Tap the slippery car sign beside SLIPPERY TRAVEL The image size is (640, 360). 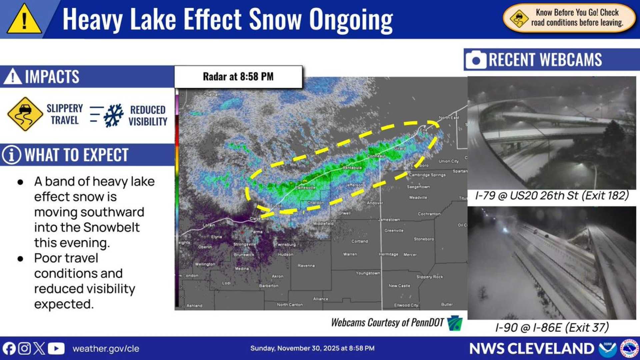[x=25, y=114]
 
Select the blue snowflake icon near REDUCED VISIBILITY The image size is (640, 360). [x=113, y=115]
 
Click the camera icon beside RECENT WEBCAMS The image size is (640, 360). [x=476, y=60]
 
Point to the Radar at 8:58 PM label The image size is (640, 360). [x=238, y=77]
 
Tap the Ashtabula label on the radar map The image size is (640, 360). [x=352, y=168]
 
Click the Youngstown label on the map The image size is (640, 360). [x=368, y=273]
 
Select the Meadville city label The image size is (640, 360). [x=418, y=198]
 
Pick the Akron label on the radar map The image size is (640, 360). [x=277, y=276]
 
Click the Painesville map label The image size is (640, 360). [x=305, y=188]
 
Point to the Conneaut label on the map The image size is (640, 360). [x=376, y=156]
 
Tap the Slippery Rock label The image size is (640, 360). [x=429, y=277]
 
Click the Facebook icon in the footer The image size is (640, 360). [x=9, y=349]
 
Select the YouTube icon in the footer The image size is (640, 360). [x=56, y=349]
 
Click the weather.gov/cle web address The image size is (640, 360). [x=106, y=349]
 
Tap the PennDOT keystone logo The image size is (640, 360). [x=455, y=323]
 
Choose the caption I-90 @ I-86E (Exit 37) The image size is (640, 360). [x=552, y=327]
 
